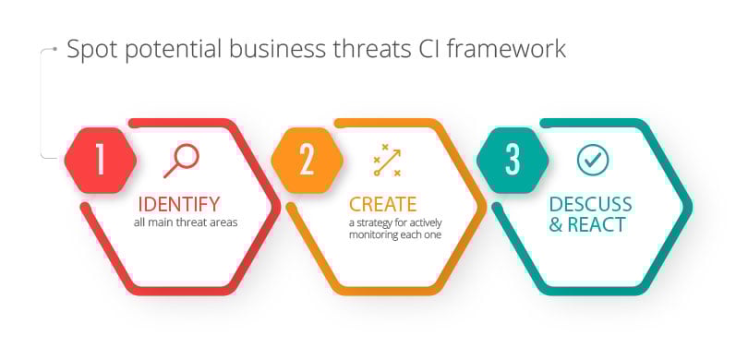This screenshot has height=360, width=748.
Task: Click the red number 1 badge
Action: click(101, 159)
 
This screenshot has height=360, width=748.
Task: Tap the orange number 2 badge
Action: click(307, 159)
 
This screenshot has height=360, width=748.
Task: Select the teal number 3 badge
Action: click(513, 159)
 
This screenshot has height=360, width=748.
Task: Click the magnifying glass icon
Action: click(181, 161)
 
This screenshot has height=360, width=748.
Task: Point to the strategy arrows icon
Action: click(387, 161)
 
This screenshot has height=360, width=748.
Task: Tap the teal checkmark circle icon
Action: click(592, 160)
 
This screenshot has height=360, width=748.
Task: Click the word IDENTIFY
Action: click(179, 204)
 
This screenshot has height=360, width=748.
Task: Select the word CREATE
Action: click(382, 204)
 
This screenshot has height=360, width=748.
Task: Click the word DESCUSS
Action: click(590, 204)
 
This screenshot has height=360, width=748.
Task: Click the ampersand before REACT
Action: click(556, 225)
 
